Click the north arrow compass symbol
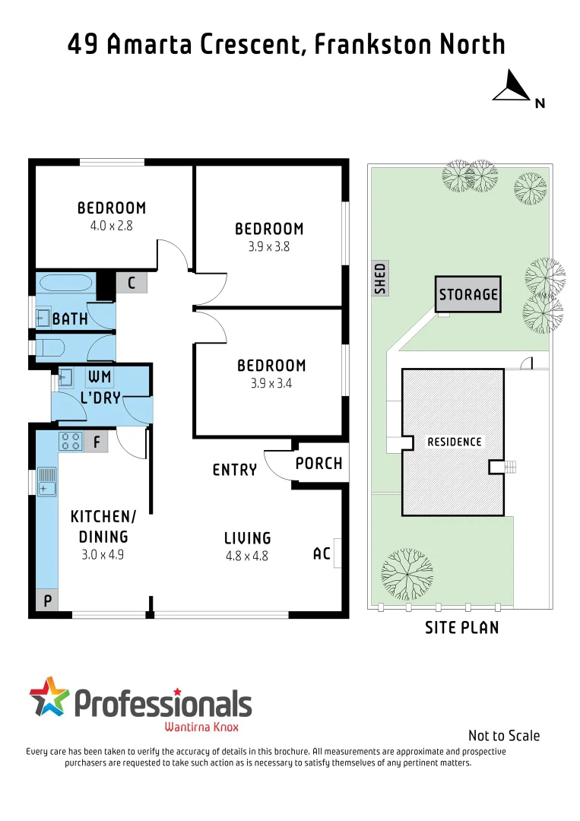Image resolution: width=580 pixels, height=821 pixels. tap(512, 86)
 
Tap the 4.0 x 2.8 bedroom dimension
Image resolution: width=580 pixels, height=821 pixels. tap(111, 225)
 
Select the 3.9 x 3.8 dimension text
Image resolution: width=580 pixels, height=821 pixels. tap(268, 246)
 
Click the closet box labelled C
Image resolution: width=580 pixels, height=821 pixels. tap(132, 284)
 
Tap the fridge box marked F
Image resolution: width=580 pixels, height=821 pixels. tap(97, 440)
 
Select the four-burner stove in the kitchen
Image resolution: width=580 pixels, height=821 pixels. tap(71, 440)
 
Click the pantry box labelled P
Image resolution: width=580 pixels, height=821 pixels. tap(47, 601)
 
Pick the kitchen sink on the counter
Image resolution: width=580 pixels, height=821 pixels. tap(48, 481)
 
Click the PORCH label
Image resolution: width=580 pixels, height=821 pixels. tap(319, 463)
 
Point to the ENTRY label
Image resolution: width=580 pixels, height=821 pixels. tap(234, 471)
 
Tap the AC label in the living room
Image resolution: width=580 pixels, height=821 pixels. tap(322, 553)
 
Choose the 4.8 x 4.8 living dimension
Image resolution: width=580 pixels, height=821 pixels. tap(248, 556)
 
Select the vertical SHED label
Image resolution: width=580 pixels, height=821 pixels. tap(381, 278)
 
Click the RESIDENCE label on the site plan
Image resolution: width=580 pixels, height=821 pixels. tap(454, 442)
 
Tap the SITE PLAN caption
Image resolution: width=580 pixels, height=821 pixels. tap(462, 627)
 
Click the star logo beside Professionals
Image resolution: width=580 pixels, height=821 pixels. tap(49, 696)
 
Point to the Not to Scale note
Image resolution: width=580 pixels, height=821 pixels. tap(504, 735)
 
